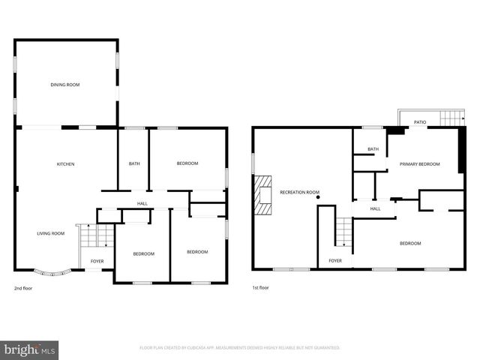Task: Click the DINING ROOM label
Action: point(65,85)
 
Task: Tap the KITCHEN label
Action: point(65,164)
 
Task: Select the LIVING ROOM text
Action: point(51,233)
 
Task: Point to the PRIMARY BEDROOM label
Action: point(419,163)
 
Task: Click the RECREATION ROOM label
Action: point(299,193)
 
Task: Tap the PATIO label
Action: point(420,121)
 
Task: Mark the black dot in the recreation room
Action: point(318,197)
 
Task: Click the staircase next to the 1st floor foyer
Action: point(343,232)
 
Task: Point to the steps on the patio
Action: point(451,118)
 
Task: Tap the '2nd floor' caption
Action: point(23,288)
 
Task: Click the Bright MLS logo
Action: point(29,350)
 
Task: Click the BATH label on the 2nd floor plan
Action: point(134,163)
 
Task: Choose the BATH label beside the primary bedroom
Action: point(373,149)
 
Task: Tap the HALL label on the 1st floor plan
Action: point(375,208)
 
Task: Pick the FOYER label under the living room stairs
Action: point(97,261)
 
